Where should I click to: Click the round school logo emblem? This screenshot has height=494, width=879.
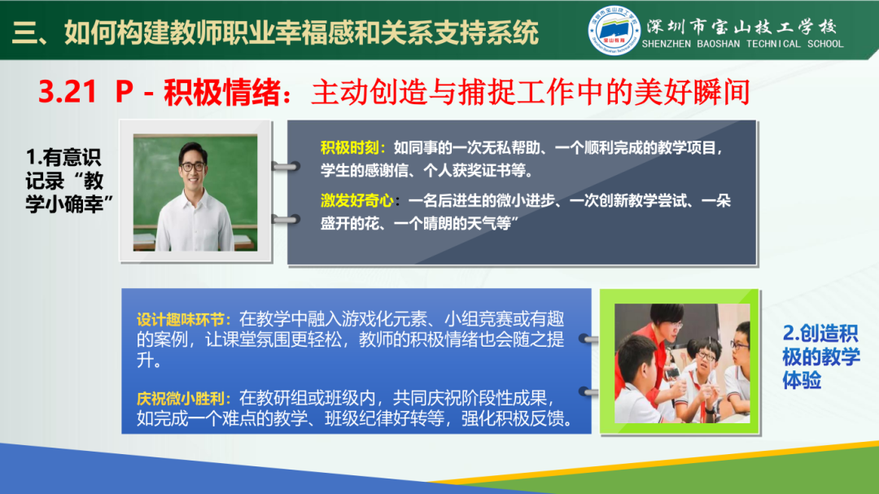pos(614,32)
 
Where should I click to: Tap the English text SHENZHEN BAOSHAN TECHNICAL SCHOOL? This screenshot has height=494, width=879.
pos(742,44)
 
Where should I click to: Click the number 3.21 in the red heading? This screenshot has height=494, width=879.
pos(68,92)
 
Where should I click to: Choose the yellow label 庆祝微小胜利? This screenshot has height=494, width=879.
pos(185,398)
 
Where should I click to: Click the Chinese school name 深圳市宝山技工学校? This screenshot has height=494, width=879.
pos(741,24)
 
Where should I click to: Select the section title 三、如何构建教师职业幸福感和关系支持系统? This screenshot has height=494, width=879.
pos(277,33)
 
